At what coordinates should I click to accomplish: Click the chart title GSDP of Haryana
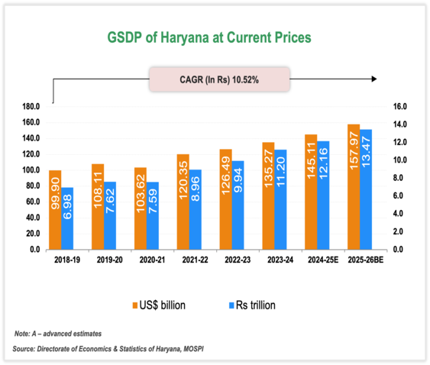pyautogui.click(x=215, y=37)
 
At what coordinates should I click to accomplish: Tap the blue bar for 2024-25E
pyautogui.click(x=324, y=195)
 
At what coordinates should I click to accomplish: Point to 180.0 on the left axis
pyautogui.click(x=31, y=106)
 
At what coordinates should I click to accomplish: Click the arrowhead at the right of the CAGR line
pyautogui.click(x=373, y=79)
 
